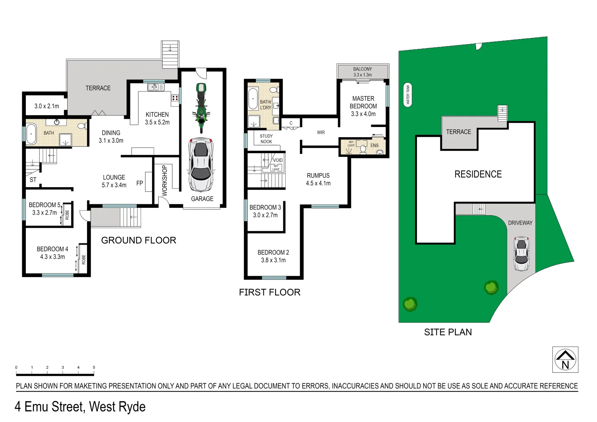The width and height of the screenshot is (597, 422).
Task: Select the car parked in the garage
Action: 201,164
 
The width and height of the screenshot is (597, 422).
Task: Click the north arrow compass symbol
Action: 565,359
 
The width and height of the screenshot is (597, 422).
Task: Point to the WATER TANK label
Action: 408,95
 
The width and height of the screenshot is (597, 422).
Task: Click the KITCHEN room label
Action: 157,114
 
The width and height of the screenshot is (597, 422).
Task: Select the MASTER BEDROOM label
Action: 363,102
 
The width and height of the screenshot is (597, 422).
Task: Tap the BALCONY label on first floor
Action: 362,69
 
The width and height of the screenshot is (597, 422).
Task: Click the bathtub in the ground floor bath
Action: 31,134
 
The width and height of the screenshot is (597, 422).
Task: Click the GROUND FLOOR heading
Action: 138,240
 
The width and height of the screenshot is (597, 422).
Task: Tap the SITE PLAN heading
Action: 448,332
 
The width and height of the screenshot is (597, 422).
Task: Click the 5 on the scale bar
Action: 94,367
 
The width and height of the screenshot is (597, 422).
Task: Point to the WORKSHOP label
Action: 164,180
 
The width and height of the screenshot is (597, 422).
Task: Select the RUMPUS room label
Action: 318,175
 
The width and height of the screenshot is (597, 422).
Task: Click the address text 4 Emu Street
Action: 80,407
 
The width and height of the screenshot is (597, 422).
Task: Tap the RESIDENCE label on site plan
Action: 478,174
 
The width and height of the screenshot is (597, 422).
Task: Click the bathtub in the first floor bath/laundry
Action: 253,99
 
